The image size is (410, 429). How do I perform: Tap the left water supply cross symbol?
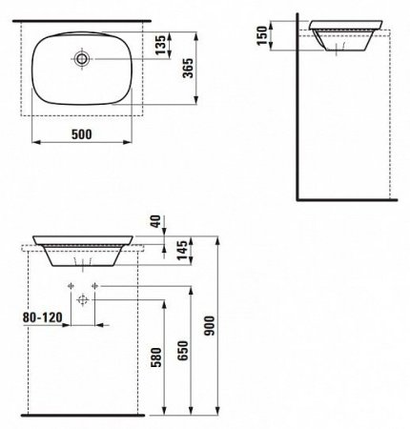[72, 285]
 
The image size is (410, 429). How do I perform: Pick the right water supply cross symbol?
[95, 285]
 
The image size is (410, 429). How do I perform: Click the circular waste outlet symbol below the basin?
[84, 301]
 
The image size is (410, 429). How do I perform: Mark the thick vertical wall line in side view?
[297, 114]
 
